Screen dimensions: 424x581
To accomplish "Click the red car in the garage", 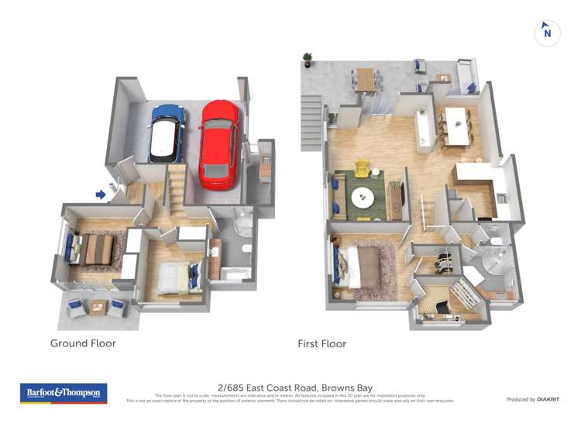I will coord(218,144).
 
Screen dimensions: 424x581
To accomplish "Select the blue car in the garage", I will coord(167,133).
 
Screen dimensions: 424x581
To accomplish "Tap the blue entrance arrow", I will coord(101,195).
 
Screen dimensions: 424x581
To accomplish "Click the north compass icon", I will coord(547,32).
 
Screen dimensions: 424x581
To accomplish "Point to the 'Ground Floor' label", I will coord(83,343).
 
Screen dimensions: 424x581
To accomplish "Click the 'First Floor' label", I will coord(321,343).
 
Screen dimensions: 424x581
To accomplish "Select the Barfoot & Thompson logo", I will coord(64,393).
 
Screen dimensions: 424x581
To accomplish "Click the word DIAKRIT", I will coord(548,399).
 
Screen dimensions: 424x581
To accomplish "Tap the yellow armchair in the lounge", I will coord(362,168).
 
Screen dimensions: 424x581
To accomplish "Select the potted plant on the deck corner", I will coord(308,59).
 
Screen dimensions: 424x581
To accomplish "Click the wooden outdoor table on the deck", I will coord(366,78).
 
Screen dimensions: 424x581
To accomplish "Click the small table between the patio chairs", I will coord(98,306).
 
